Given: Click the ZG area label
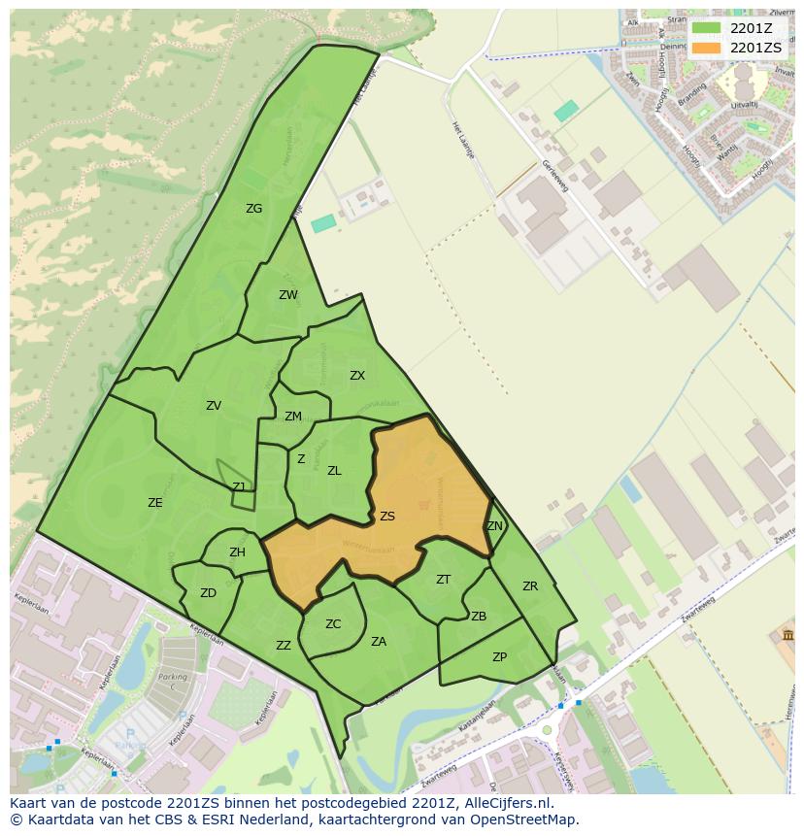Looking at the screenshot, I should tap(253, 209).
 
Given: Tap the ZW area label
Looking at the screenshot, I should tap(288, 295).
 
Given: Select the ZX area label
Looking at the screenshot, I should tap(357, 376).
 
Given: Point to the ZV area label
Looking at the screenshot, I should tap(214, 406).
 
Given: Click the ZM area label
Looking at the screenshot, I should tap(293, 417).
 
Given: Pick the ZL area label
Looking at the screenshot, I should tap(334, 471).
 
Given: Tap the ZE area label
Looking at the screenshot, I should tap(155, 502).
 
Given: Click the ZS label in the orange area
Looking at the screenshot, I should tap(387, 517).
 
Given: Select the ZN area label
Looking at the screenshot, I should tap(494, 526).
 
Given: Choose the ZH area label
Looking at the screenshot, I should tap(237, 552).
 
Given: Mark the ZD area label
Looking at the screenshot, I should tap(208, 593).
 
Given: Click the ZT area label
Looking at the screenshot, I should tap(443, 580).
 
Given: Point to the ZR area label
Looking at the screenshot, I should tap(530, 586).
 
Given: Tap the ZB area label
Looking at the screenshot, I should tap(479, 617).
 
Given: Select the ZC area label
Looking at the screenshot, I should tap(333, 624).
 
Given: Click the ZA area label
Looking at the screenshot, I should tap(379, 641).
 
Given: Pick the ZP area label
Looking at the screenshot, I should tap(499, 657).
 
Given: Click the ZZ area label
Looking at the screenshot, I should tap(284, 646).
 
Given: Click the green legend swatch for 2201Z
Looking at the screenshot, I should tap(706, 28).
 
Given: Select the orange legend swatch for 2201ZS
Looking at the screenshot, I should tap(706, 47).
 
